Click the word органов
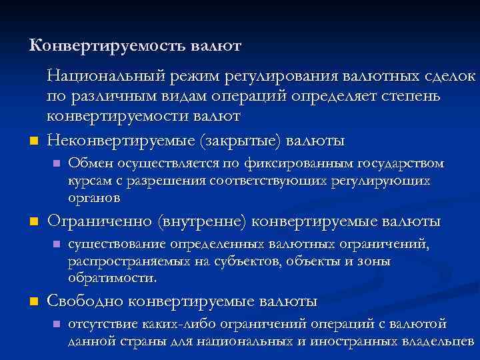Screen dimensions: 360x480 tap(94, 198)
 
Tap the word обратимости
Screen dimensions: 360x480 tap(112, 278)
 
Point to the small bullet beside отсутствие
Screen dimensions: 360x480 tap(57, 325)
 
